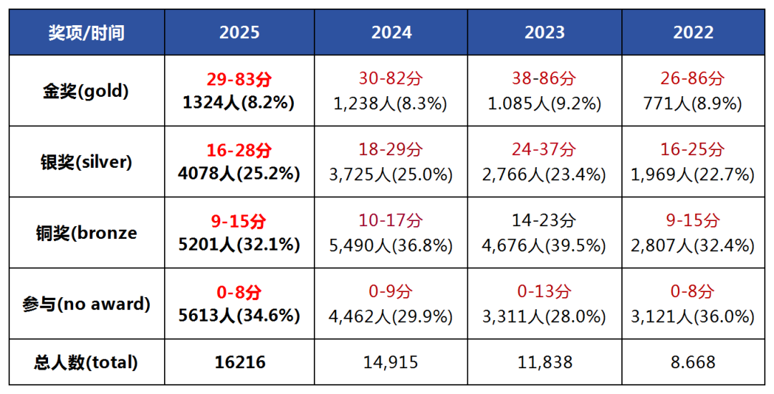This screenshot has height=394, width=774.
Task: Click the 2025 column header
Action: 239,32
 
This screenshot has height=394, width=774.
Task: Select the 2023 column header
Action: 545,32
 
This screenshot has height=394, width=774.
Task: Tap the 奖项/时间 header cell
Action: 86,32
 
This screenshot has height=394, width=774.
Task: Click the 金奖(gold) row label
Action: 86,91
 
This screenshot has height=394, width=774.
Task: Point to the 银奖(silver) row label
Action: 86,162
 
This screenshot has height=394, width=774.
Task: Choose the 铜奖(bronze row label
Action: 86,233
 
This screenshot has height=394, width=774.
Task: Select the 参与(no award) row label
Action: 86,304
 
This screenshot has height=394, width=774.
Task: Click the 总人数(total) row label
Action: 86,363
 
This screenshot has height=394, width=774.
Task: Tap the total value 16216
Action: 239,363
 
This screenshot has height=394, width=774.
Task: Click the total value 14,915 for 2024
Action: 391,363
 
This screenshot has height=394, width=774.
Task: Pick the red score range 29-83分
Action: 239,80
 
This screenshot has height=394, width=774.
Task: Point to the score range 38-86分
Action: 545,80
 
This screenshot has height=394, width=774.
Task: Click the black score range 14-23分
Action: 545,221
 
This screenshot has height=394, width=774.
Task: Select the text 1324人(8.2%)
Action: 239,103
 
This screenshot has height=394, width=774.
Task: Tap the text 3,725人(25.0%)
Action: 391,174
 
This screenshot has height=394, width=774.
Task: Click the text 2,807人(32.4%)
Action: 694,245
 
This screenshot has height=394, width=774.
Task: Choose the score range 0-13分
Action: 545,292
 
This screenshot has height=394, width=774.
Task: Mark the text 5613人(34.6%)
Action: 239,316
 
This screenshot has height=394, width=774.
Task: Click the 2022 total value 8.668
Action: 694,363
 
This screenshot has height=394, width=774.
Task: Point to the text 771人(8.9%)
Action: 694,103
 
